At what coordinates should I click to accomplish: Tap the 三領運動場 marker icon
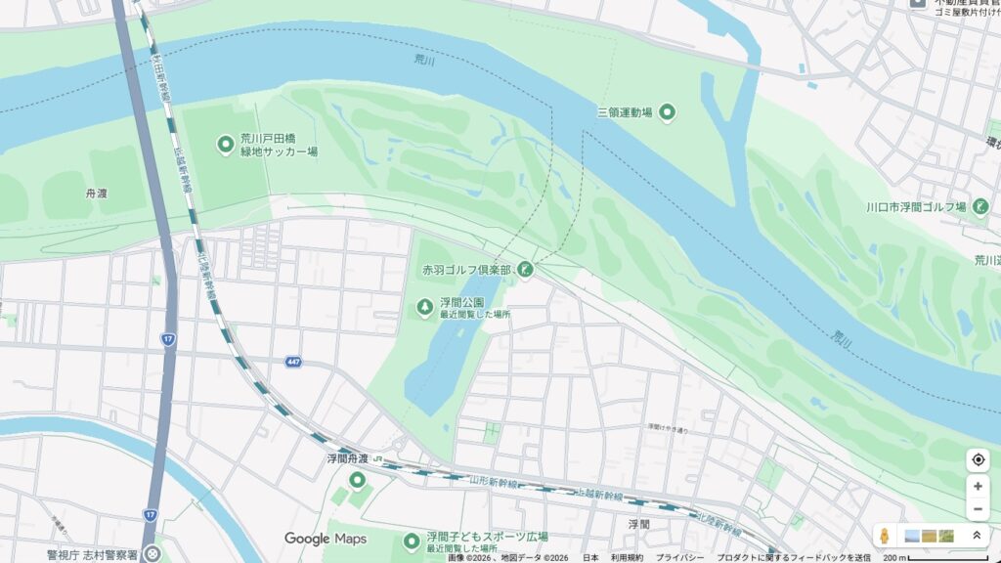(x=668, y=112)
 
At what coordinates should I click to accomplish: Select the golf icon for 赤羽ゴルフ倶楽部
(x=526, y=268)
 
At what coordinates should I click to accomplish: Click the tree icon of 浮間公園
(x=424, y=308)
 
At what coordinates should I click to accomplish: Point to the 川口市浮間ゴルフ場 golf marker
(x=980, y=206)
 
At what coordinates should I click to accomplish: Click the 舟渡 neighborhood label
(x=96, y=194)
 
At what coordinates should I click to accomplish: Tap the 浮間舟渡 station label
(x=347, y=457)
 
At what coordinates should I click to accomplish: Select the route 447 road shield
(x=293, y=362)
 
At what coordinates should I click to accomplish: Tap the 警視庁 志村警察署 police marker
(x=152, y=554)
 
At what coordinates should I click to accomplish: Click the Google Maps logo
(x=326, y=539)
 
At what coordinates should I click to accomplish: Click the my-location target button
(x=977, y=459)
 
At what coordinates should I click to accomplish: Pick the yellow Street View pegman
(x=885, y=536)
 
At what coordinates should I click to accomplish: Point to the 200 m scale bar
(x=935, y=558)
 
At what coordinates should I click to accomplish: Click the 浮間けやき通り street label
(x=667, y=428)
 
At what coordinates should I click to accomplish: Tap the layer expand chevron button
(x=975, y=536)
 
